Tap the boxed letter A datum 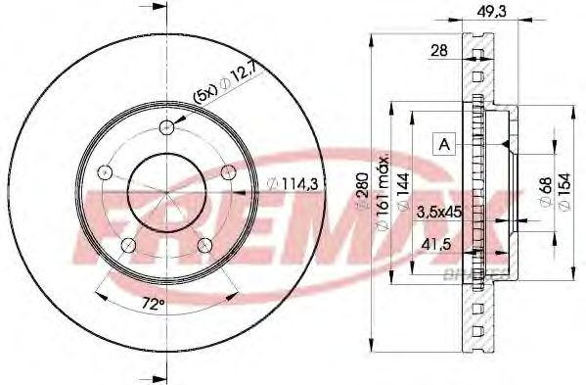click(444, 144)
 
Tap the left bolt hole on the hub click(104, 171)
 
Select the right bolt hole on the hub click(228, 172)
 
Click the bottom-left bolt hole click(126, 245)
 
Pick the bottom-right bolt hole click(204, 245)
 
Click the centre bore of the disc click(165, 191)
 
